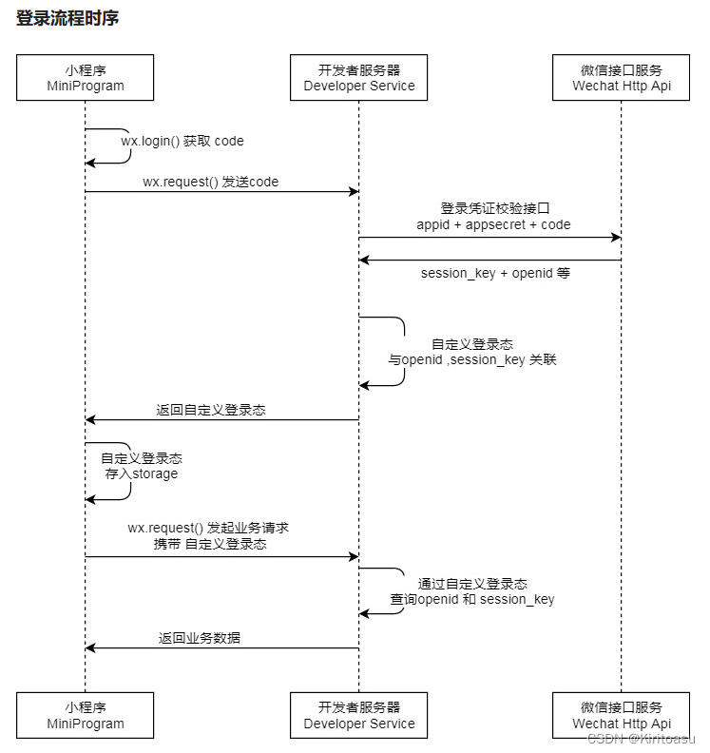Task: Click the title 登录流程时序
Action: (x=67, y=19)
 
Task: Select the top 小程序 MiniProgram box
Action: (x=86, y=77)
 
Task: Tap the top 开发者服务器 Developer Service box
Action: (x=359, y=77)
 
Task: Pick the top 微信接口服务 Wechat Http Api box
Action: (x=622, y=77)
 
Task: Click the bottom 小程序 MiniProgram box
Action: (x=86, y=715)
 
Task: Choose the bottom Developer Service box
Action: (x=359, y=715)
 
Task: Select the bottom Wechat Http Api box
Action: (x=622, y=715)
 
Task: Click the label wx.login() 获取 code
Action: (x=182, y=141)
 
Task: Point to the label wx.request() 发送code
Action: (x=211, y=181)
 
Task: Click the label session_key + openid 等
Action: (x=494, y=273)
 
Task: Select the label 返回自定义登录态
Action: (x=211, y=410)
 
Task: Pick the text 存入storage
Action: (x=142, y=473)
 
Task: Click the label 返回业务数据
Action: (x=200, y=638)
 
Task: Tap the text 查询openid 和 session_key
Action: (x=472, y=599)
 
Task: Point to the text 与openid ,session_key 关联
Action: (x=471, y=360)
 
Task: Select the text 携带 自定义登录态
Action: (x=210, y=544)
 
